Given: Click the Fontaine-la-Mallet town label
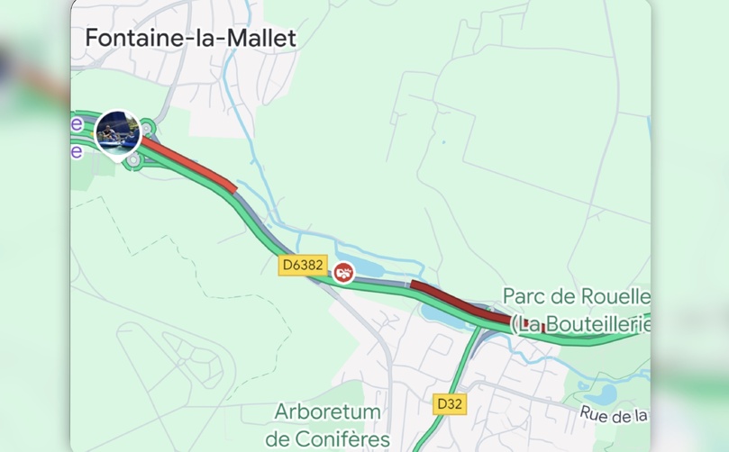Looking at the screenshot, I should pos(190,39).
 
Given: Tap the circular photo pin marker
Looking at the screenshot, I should pos(118,132).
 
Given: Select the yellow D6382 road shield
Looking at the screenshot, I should pos(302,265).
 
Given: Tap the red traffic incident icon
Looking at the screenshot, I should pos(342,272).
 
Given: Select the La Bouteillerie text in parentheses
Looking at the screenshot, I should pos(582,323).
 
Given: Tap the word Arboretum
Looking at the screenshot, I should pos(327,412).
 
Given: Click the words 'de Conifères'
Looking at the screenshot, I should pos(329,439).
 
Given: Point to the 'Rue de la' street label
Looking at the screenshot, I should pos(614,414).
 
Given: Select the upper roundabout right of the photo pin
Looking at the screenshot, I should pos(148,129).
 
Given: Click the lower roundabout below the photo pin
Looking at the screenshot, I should pos(134,160).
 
